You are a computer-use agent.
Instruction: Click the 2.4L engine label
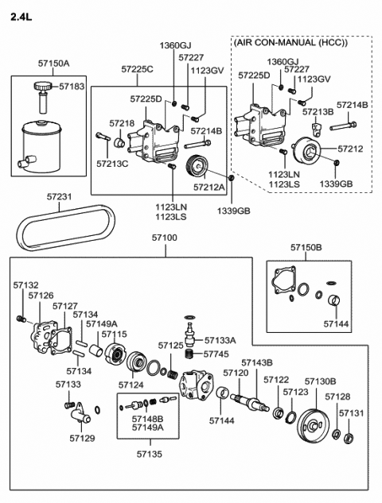pyautogui.click(x=21, y=14)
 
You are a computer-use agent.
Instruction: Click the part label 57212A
pyautogui.click(x=209, y=188)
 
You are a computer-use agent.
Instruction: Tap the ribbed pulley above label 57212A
pyautogui.click(x=196, y=168)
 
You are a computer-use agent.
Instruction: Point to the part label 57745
pyautogui.click(x=216, y=354)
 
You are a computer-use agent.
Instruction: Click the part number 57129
pyautogui.click(x=81, y=436)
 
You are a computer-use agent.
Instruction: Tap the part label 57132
pyautogui.click(x=25, y=284)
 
